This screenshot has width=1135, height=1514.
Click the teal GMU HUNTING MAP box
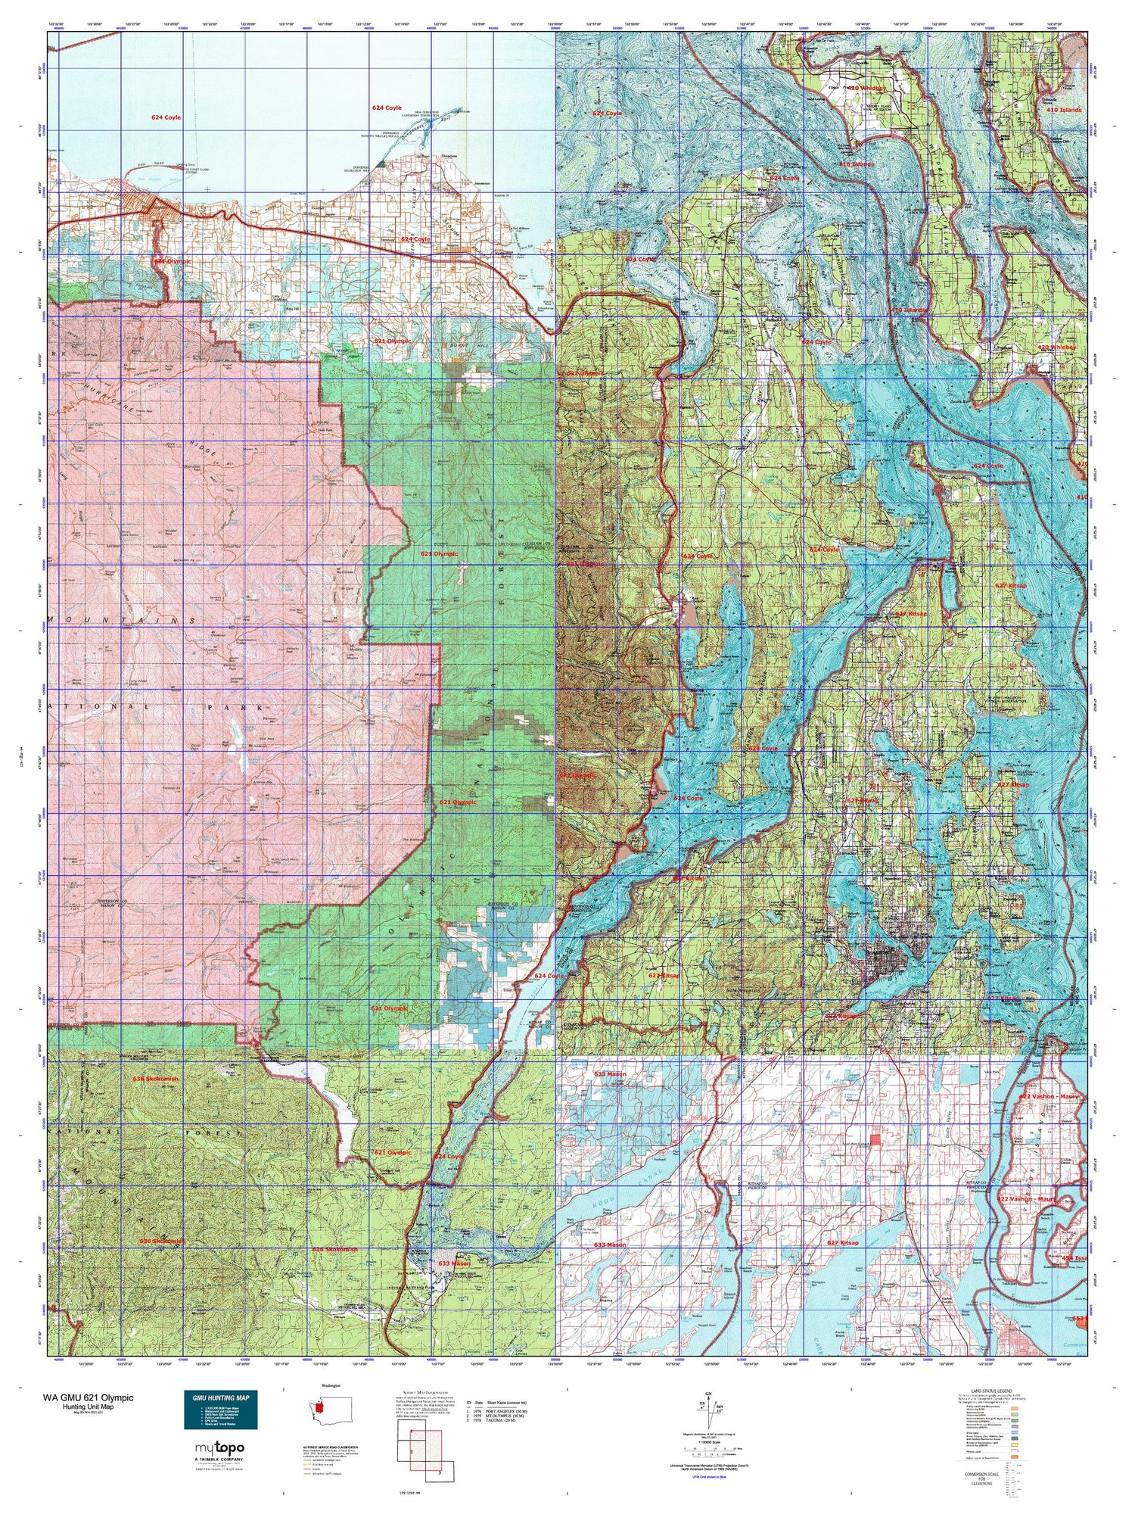[220, 1410]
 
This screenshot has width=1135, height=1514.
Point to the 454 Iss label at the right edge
[1074, 1258]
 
